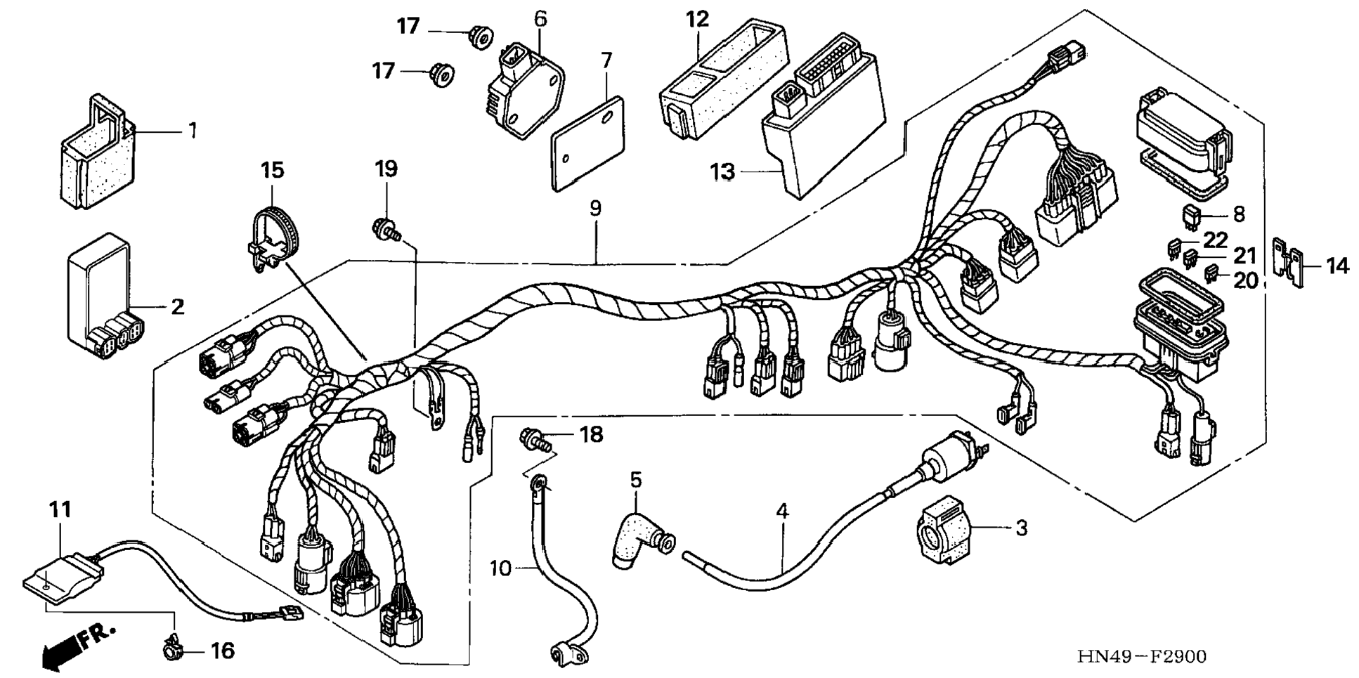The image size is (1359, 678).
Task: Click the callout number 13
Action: point(722,171)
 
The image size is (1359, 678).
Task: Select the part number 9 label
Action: point(595,208)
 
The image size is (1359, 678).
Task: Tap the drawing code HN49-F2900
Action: point(1142,657)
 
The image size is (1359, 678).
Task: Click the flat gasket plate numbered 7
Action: point(587,144)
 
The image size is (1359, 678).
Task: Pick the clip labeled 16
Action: point(169,651)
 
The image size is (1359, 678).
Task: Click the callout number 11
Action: point(60,509)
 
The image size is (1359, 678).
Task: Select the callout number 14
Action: point(1337,266)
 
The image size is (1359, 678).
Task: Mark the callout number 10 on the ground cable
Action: point(500,568)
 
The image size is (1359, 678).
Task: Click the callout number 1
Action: point(192,131)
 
